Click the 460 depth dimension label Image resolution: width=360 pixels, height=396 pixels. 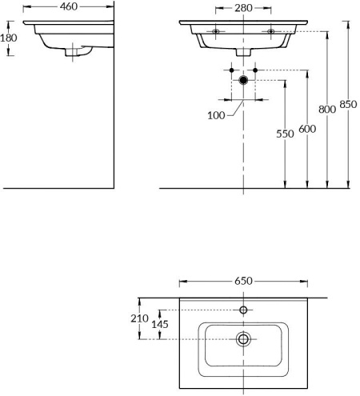[x=69, y=6]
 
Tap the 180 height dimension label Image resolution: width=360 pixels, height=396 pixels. [x=9, y=38]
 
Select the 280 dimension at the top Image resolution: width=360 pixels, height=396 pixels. [x=243, y=8]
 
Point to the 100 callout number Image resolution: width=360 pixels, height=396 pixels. [x=216, y=115]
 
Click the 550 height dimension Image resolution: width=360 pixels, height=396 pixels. [x=285, y=134]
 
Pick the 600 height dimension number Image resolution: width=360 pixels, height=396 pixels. [x=307, y=129]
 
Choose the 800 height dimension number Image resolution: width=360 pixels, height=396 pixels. [x=327, y=110]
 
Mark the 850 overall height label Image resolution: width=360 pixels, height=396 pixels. [x=348, y=104]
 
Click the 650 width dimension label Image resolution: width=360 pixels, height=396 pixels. [x=243, y=281]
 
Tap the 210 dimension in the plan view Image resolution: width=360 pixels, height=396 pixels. [x=139, y=318]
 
